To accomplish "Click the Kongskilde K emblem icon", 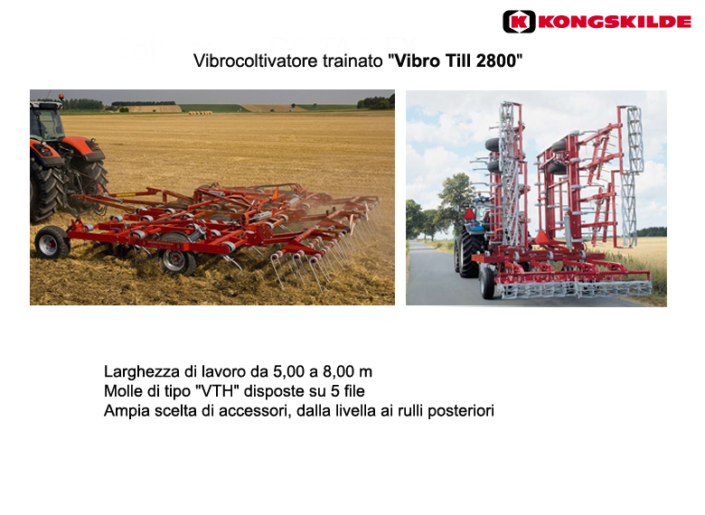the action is (x=519, y=22).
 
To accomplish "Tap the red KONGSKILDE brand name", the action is (x=615, y=22).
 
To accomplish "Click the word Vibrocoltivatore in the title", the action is (x=256, y=61).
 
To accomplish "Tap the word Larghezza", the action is (x=142, y=372).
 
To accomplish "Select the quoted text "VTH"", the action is (x=217, y=391).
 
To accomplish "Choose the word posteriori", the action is (x=461, y=411).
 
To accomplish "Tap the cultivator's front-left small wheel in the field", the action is (x=52, y=242).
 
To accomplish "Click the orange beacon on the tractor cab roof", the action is (x=61, y=97).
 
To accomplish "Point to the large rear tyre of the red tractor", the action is (x=46, y=190).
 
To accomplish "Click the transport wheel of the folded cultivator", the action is (x=487, y=281).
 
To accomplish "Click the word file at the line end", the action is (x=354, y=391).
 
